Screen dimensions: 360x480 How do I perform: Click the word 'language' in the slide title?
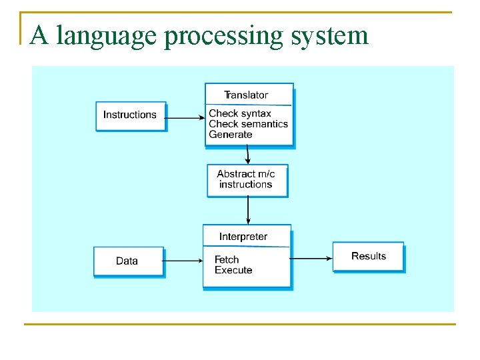click(x=107, y=36)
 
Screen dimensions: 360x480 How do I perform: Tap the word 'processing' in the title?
click(x=223, y=36)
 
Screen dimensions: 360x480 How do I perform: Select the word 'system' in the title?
click(x=329, y=36)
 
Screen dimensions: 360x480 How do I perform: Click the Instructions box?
click(x=130, y=115)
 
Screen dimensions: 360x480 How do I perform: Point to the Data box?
click(x=127, y=261)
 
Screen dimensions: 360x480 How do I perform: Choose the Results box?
click(x=368, y=256)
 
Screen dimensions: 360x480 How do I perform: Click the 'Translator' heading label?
click(x=246, y=95)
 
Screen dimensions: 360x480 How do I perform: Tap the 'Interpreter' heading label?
click(x=243, y=237)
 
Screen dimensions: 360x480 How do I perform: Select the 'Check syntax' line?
click(x=240, y=113)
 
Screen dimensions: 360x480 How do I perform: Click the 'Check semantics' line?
click(x=248, y=123)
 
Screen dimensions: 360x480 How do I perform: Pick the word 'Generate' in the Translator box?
click(x=231, y=134)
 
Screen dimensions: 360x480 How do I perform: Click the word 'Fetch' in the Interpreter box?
click(x=227, y=259)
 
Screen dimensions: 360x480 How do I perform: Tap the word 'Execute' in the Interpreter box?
click(x=233, y=270)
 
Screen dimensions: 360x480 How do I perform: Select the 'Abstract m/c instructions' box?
click(x=247, y=179)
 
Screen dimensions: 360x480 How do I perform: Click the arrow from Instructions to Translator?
click(x=185, y=118)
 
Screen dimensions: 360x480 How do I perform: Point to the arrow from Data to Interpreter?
click(x=183, y=261)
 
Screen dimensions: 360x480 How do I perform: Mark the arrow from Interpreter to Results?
click(x=312, y=258)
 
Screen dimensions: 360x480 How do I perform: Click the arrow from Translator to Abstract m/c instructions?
click(x=248, y=155)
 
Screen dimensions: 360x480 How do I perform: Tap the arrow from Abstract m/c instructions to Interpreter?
click(x=248, y=211)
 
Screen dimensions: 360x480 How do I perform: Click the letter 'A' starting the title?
click(x=39, y=35)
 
